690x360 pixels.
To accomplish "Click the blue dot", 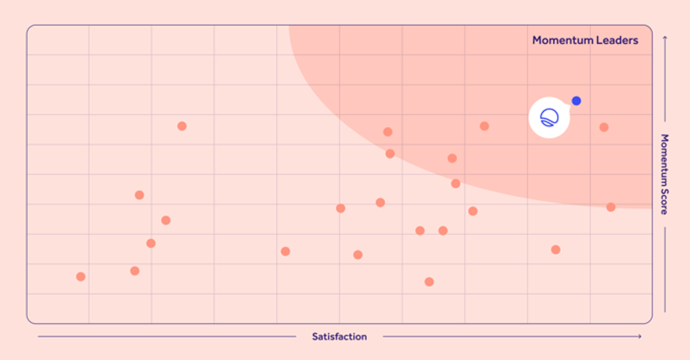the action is click(x=576, y=101).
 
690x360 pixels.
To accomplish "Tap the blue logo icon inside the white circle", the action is click(x=549, y=117).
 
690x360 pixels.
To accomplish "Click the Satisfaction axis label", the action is click(x=339, y=336).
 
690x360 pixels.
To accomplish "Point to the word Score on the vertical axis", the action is click(x=665, y=202).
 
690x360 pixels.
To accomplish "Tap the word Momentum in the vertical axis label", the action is click(x=665, y=160).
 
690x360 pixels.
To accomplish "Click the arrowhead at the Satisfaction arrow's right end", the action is click(x=640, y=336).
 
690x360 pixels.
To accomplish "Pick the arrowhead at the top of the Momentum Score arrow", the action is click(x=665, y=38).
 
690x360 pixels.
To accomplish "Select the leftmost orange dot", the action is click(x=80, y=277).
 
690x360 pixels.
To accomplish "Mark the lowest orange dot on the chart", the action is click(x=429, y=282).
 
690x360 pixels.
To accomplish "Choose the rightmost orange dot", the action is click(x=611, y=207).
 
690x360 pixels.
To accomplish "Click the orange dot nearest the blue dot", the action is click(x=604, y=127).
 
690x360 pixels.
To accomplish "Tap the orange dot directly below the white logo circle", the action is click(x=555, y=250).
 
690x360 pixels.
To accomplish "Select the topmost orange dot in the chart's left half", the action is click(x=182, y=126).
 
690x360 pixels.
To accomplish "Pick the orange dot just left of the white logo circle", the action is click(x=484, y=126).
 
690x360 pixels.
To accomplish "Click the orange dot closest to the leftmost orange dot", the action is click(x=135, y=271).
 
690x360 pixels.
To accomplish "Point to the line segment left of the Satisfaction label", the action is click(x=167, y=336).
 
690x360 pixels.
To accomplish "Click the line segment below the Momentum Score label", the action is click(x=665, y=270).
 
